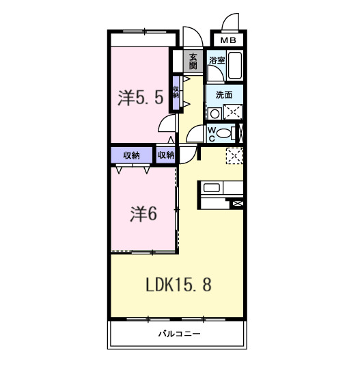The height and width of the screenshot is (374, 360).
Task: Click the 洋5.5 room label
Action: tap(141, 98)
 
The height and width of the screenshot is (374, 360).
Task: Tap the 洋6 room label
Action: tap(144, 214)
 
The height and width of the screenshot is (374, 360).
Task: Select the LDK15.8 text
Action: tap(177, 285)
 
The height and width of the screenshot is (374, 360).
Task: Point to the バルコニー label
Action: tap(177, 334)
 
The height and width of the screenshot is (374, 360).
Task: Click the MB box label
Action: tap(228, 40)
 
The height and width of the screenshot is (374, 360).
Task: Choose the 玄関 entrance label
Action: tap(193, 61)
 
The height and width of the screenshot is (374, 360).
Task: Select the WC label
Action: tap(212, 133)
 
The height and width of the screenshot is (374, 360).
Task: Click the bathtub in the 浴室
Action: tap(234, 66)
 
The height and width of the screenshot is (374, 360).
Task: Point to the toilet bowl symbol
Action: tap(224, 134)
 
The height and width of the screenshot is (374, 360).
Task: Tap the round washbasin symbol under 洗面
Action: tap(214, 113)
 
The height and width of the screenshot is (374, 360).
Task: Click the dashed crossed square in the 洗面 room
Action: tap(232, 113)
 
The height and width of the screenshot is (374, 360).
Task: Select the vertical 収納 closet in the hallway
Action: tap(176, 92)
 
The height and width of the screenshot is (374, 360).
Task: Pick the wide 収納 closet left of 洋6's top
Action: tap(133, 155)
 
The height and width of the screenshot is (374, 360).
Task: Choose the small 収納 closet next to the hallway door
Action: tap(166, 155)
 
